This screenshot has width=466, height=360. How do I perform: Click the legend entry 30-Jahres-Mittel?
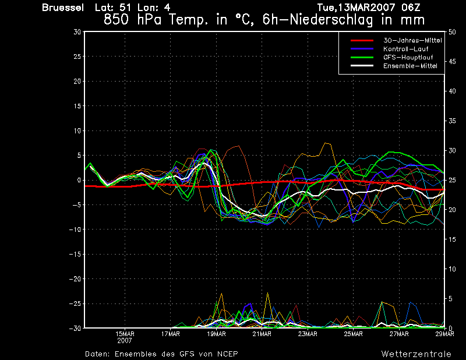click(x=412, y=40)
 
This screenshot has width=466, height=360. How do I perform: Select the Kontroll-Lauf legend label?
click(x=405, y=49)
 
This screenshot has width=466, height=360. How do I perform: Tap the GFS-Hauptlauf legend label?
click(x=408, y=57)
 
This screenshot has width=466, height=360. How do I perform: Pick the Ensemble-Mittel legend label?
click(x=410, y=66)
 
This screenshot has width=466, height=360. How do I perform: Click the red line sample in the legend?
click(x=362, y=40)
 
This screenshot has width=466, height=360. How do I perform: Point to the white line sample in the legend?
click(x=362, y=66)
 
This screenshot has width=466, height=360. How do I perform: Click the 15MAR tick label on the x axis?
click(x=125, y=334)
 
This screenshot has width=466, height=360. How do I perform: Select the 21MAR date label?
click(x=262, y=334)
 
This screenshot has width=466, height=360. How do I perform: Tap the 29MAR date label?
click(x=444, y=334)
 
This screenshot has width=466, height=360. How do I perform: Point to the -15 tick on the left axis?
click(x=75, y=254)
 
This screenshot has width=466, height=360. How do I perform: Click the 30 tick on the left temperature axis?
click(x=77, y=32)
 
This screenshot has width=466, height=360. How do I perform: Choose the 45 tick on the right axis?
click(x=452, y=62)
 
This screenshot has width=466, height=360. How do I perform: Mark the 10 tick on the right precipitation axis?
click(x=452, y=269)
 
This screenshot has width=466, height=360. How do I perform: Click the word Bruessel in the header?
click(x=63, y=8)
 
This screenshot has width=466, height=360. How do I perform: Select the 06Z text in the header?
click(x=411, y=8)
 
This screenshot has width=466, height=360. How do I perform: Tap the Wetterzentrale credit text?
click(x=416, y=354)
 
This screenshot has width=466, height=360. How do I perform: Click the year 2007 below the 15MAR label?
click(x=125, y=341)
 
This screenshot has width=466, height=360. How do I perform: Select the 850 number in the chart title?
click(x=116, y=20)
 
